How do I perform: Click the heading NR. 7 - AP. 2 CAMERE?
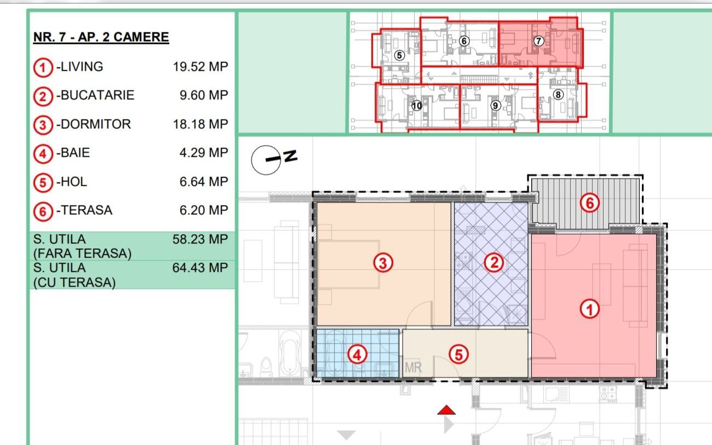pos(101,37)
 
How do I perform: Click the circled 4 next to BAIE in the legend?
pos(43,154)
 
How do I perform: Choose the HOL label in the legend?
pos(73,182)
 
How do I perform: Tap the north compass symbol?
pos(273,159)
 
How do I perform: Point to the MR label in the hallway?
pos(413,367)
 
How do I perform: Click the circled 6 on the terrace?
pos(589,203)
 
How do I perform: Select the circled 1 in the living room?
pos(589,310)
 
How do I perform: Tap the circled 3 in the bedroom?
pos(383,263)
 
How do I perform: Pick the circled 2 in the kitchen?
pos(493,263)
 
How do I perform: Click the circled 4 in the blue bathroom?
pos(357,355)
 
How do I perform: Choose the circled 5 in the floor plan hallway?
pos(458,355)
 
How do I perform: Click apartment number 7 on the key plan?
pos(538,41)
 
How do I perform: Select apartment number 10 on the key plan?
pos(417,106)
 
